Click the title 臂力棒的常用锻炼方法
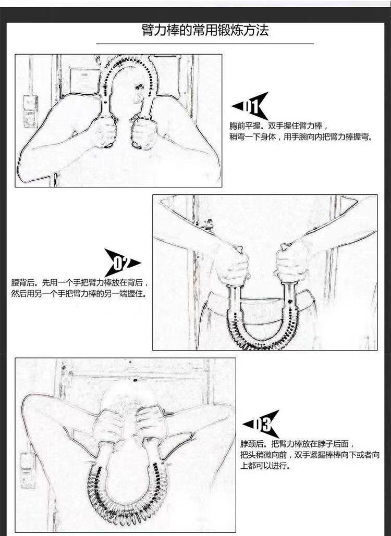pyautogui.click(x=205, y=30)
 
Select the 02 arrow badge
pyautogui.click(x=122, y=263)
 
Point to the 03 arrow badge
pyautogui.click(x=261, y=424)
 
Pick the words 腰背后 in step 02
pyautogui.click(x=22, y=283)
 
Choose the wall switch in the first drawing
pyautogui.click(x=30, y=111)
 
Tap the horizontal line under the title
pyautogui.click(x=205, y=44)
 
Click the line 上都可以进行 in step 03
pyautogui.click(x=265, y=466)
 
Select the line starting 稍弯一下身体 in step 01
pyautogui.click(x=301, y=137)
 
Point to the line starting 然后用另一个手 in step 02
pyautogui.click(x=79, y=294)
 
